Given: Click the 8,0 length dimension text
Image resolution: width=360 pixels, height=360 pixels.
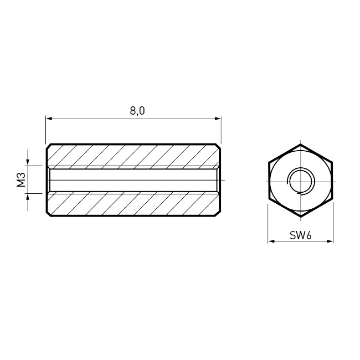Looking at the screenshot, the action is click(x=137, y=111).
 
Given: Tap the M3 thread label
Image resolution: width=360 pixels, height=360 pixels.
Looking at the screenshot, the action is click(x=21, y=180).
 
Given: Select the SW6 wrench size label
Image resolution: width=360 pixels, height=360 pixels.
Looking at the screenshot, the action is click(x=301, y=235).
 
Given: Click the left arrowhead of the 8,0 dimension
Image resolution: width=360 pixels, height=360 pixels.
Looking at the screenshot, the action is click(x=49, y=119).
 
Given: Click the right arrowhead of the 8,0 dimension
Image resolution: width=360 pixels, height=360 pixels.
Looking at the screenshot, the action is click(x=218, y=119).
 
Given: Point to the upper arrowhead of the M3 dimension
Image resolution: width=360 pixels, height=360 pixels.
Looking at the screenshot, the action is click(x=28, y=162).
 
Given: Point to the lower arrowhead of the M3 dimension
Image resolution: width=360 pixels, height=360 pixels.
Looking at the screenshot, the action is click(x=28, y=197).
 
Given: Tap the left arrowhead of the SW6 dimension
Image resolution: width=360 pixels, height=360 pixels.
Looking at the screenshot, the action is click(x=271, y=241).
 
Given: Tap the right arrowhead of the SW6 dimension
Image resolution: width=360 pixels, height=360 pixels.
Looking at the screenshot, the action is click(x=330, y=241).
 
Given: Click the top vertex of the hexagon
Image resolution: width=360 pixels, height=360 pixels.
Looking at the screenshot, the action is click(x=301, y=144).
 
